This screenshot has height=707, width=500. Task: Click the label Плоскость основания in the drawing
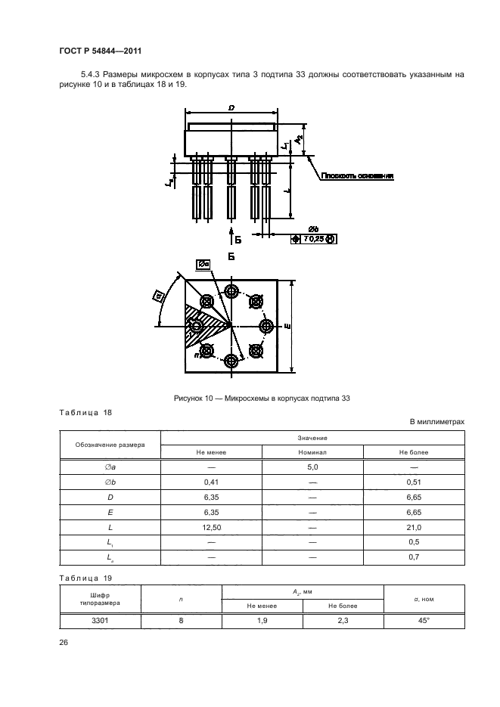tap(358, 176)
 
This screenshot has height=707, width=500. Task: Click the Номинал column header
tap(312, 451)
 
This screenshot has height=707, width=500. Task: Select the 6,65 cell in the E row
tap(414, 513)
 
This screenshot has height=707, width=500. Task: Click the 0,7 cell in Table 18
tap(414, 557)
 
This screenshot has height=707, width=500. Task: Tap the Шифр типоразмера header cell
tap(100, 599)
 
